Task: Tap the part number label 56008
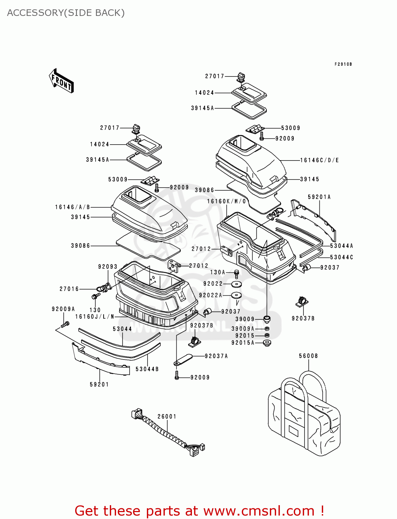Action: [x=308, y=356]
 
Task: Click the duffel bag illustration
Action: [x=304, y=415]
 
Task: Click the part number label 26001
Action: [x=167, y=416]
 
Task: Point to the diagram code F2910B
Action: [x=343, y=64]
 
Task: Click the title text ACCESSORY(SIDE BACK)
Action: [x=66, y=13]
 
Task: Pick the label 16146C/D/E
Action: [x=319, y=160]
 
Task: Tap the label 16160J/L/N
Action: [x=95, y=317]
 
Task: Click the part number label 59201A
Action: [x=319, y=197]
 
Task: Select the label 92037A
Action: [x=216, y=356]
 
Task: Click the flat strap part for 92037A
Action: [x=183, y=359]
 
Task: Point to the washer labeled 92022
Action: [x=237, y=284]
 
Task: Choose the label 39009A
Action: [x=243, y=329]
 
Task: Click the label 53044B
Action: [x=147, y=369]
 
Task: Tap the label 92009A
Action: [x=63, y=309]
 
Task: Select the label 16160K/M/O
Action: [x=227, y=201]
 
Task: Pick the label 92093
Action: [x=108, y=266]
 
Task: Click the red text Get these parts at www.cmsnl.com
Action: [x=199, y=511]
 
